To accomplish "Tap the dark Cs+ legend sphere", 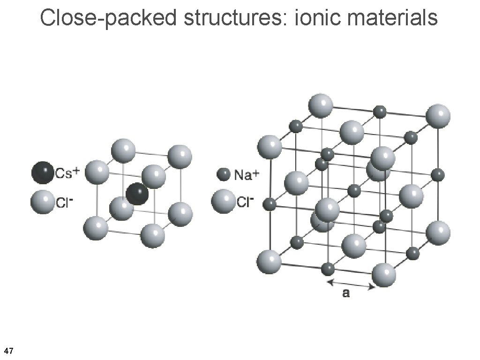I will (43, 172).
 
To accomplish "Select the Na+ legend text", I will (246, 175).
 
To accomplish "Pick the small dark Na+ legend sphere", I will (223, 175).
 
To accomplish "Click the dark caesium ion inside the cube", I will (137, 194).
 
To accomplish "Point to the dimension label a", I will (345, 294).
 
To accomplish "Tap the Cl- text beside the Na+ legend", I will (245, 202).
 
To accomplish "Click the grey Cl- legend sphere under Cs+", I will (42, 202).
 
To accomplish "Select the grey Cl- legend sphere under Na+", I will (223, 201).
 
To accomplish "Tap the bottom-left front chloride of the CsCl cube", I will (96, 228).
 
